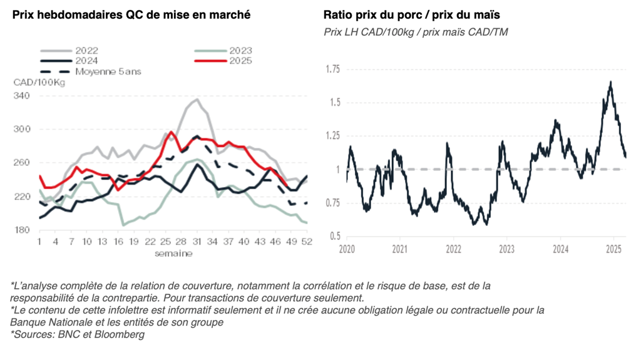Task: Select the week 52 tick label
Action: (x=307, y=242)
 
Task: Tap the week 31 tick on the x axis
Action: (x=196, y=242)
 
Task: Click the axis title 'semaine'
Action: (x=173, y=254)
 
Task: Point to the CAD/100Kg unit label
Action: (x=39, y=83)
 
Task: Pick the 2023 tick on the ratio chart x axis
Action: (x=507, y=249)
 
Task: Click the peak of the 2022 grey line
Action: (x=197, y=99)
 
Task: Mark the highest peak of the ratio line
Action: (x=610, y=81)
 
